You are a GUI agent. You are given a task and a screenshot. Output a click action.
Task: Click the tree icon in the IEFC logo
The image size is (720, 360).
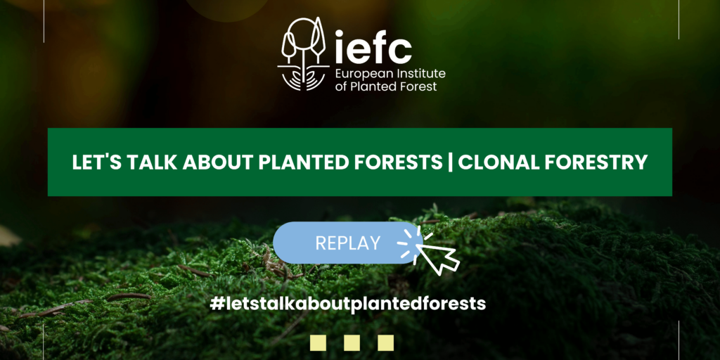304,53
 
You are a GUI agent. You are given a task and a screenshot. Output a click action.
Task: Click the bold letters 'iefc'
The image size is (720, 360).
373,47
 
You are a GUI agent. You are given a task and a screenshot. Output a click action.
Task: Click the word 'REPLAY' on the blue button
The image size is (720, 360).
348,243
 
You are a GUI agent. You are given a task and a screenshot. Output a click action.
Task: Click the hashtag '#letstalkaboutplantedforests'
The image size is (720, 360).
347,303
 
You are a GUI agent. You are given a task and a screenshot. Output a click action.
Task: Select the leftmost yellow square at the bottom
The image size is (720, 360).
319,342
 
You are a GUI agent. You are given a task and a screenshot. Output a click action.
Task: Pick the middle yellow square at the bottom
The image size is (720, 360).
352,342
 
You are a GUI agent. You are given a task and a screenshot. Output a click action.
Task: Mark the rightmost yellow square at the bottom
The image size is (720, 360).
386,342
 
